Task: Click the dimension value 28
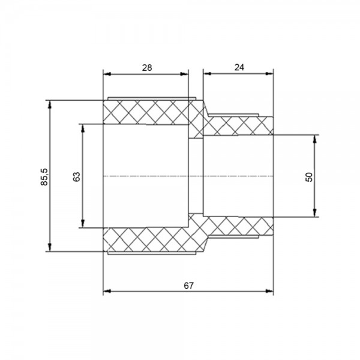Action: (147, 68)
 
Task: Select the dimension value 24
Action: (239, 67)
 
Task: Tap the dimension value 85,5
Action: (44, 177)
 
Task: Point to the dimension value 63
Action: (76, 176)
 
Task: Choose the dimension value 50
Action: (309, 177)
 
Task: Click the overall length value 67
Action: (188, 286)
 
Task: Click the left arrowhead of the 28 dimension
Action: (107, 74)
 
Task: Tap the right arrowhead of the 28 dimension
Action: (184, 74)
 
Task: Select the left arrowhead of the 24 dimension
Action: (208, 74)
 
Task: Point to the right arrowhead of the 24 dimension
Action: (269, 74)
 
